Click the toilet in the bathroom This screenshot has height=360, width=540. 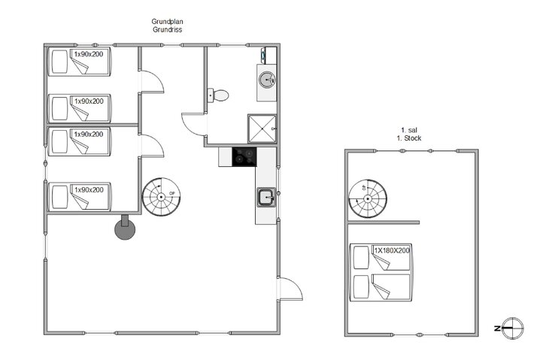click(x=219, y=95)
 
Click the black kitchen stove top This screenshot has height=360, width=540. click(x=244, y=156)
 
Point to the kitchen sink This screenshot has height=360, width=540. click(x=265, y=198)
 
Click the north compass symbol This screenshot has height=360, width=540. click(x=512, y=328)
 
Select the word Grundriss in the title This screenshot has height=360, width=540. click(x=168, y=30)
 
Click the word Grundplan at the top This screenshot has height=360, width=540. click(x=168, y=22)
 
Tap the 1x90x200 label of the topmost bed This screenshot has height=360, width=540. click(x=88, y=54)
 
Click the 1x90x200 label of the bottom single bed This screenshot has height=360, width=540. click(x=88, y=189)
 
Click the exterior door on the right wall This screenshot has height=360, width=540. click(x=290, y=289)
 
